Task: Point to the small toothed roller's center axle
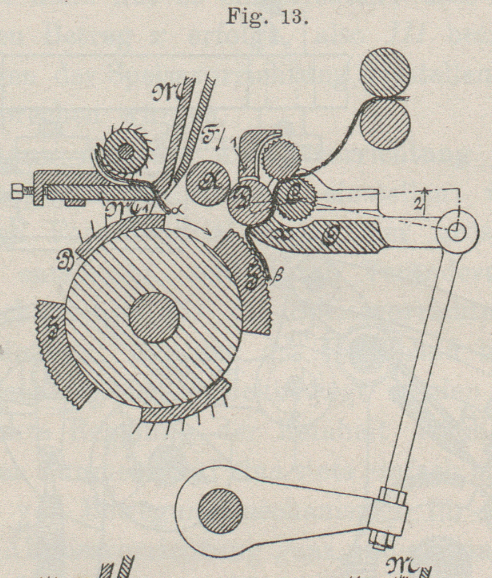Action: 127,151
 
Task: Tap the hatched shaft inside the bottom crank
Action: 220,510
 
